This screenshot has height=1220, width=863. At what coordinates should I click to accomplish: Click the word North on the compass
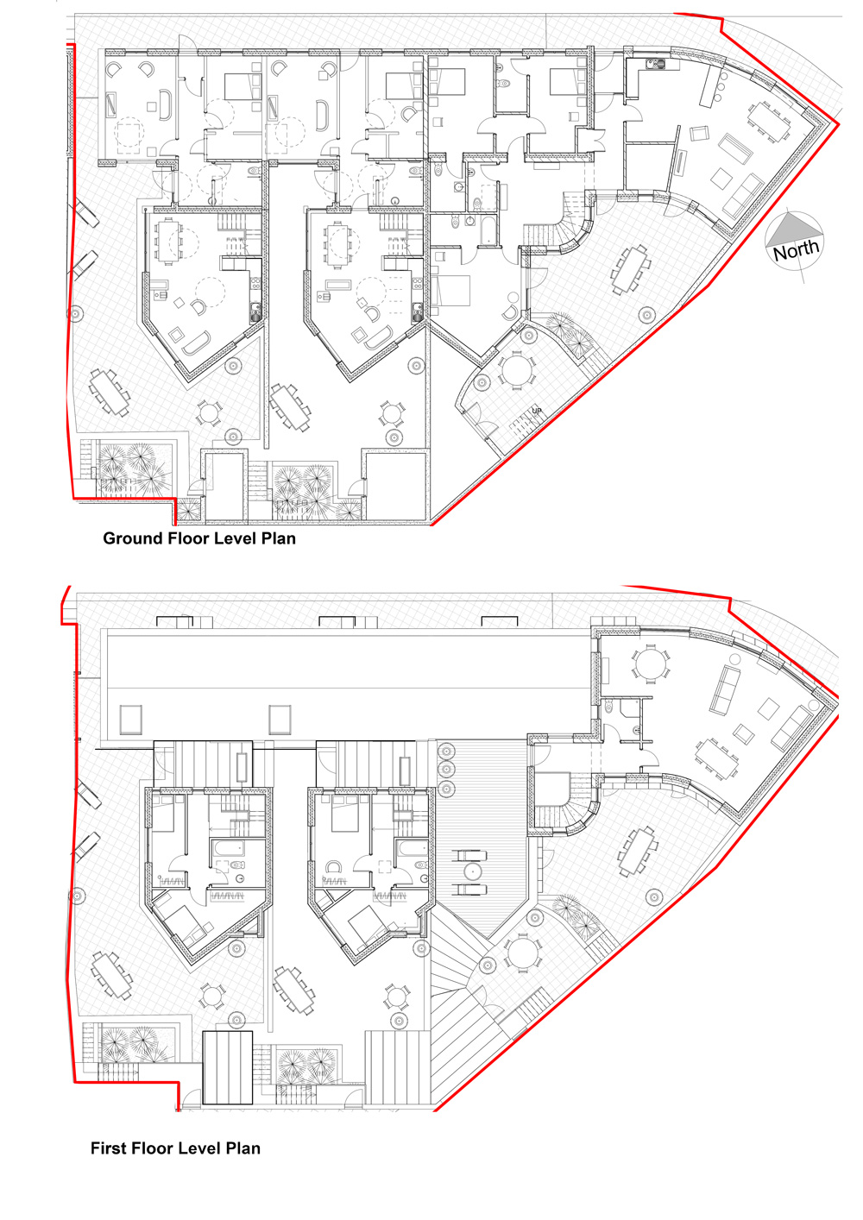[796, 249]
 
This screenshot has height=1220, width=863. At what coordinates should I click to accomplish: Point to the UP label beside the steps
[537, 411]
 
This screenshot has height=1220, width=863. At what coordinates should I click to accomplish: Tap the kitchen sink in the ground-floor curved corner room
[655, 64]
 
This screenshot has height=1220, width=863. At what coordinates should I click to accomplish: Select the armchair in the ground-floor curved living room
[699, 134]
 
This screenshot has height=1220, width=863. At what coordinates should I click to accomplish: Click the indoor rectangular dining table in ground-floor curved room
[769, 121]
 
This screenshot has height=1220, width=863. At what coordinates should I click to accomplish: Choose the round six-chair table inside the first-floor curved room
[651, 663]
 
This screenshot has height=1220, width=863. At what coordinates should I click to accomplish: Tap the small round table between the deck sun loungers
[472, 871]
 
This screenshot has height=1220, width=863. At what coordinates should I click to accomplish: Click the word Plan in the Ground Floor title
[279, 538]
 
